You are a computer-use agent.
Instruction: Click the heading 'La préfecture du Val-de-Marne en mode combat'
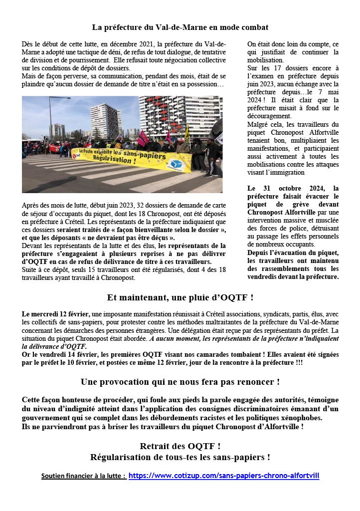180,27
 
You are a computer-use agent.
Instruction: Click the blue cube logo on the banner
175,164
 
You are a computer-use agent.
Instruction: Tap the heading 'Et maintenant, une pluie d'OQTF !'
180,298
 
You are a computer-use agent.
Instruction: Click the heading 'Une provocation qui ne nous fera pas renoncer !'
180,382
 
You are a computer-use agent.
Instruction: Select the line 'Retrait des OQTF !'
180,446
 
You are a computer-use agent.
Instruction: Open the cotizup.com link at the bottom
224,476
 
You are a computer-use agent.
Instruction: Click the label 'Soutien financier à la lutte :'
84,476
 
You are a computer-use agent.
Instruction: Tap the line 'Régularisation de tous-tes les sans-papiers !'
180,457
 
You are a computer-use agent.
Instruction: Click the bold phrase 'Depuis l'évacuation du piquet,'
293,253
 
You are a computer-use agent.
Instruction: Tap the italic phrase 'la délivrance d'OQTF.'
54,346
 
